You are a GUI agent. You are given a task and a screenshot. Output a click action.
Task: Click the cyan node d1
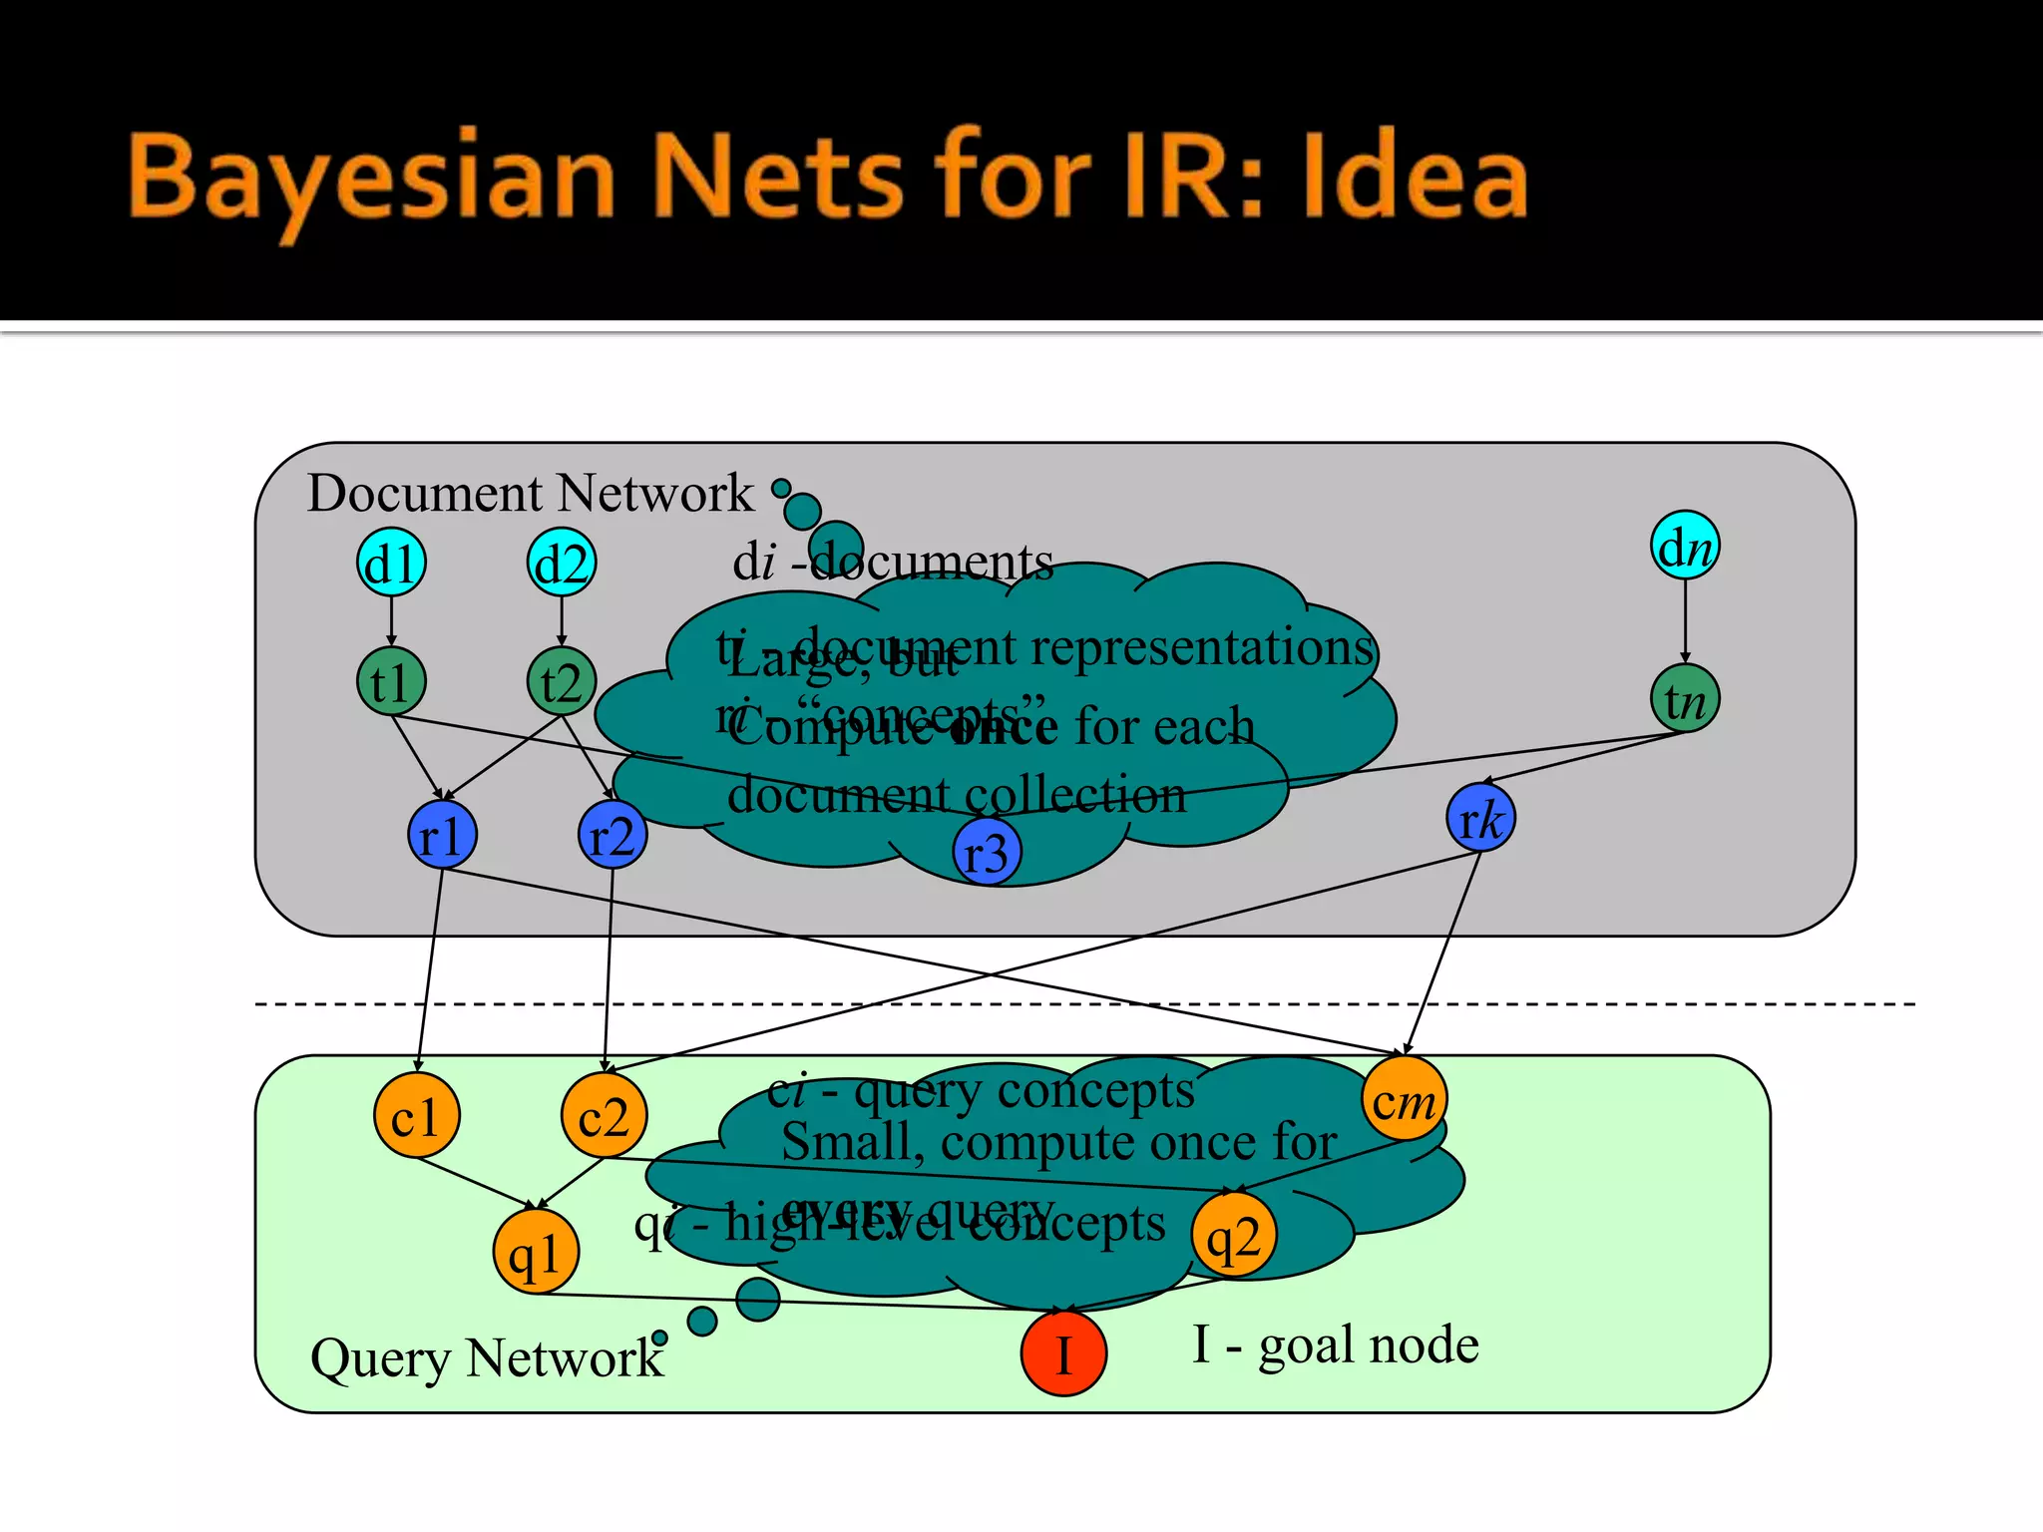pyautogui.click(x=391, y=563)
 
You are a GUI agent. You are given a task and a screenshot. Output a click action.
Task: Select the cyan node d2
pyautogui.click(x=562, y=563)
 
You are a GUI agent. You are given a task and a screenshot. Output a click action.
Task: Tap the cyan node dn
pyautogui.click(x=1685, y=546)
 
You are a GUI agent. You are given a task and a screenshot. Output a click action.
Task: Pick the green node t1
pyautogui.click(x=391, y=682)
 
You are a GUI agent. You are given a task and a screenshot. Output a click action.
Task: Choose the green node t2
pyautogui.click(x=562, y=682)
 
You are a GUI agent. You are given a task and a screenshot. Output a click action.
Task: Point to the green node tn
pyautogui.click(x=1685, y=698)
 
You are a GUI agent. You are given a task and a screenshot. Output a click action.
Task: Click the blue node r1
pyautogui.click(x=442, y=835)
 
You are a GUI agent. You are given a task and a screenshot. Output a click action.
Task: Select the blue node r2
pyautogui.click(x=613, y=835)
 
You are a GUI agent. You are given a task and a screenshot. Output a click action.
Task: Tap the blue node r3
pyautogui.click(x=987, y=853)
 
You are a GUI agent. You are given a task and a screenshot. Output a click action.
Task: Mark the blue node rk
pyautogui.click(x=1480, y=818)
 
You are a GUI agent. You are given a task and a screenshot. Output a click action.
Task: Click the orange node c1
pyautogui.click(x=416, y=1115)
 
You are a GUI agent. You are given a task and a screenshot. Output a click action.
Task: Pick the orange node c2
pyautogui.click(x=604, y=1115)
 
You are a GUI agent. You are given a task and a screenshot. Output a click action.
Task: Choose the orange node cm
pyautogui.click(x=1404, y=1099)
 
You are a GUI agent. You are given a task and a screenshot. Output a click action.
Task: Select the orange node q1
pyautogui.click(x=536, y=1252)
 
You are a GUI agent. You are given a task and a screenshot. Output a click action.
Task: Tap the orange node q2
pyautogui.click(x=1234, y=1235)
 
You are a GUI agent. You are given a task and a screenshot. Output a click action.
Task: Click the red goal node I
pyautogui.click(x=1063, y=1353)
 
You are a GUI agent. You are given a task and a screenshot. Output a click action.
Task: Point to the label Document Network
pyautogui.click(x=530, y=493)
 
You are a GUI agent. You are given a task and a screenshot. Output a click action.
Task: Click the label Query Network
pyautogui.click(x=487, y=1358)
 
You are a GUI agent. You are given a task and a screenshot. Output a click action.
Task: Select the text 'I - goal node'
pyautogui.click(x=1336, y=1344)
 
